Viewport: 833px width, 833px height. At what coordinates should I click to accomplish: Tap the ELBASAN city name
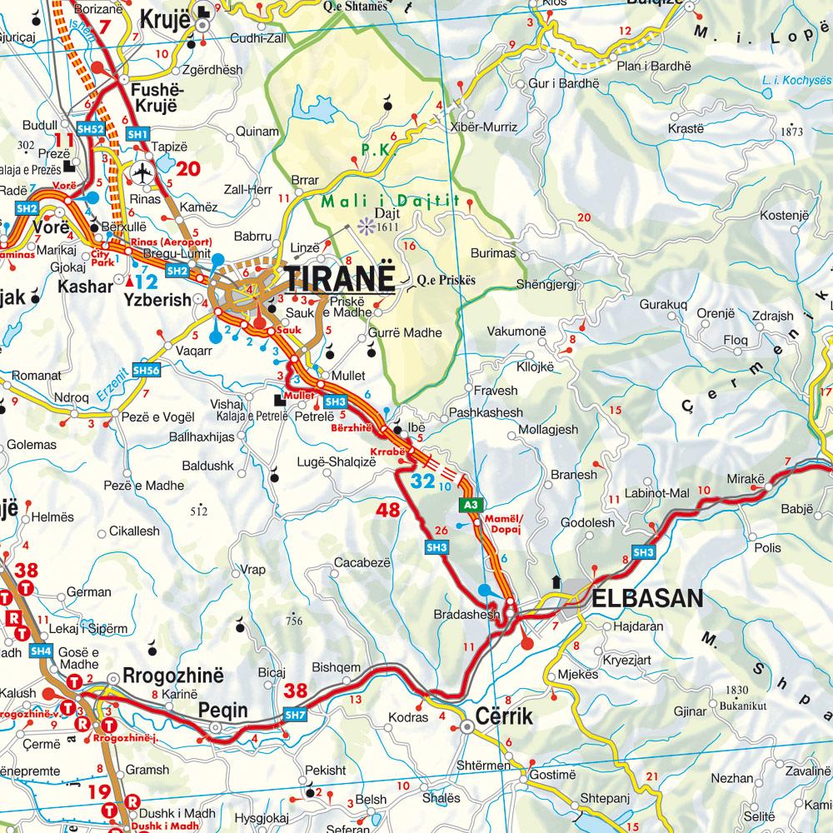(x=647, y=598)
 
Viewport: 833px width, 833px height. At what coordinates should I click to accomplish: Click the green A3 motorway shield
(x=471, y=505)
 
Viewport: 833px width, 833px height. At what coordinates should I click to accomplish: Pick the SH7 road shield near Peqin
(x=295, y=714)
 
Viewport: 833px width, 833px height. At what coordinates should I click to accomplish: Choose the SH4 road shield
(x=39, y=651)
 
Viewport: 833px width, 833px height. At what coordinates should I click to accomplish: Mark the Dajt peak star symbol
(x=363, y=223)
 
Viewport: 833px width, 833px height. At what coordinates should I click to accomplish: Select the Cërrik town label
(x=503, y=716)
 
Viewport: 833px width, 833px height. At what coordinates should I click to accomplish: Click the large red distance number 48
(x=388, y=510)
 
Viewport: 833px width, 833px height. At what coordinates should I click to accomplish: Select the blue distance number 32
(x=423, y=481)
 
